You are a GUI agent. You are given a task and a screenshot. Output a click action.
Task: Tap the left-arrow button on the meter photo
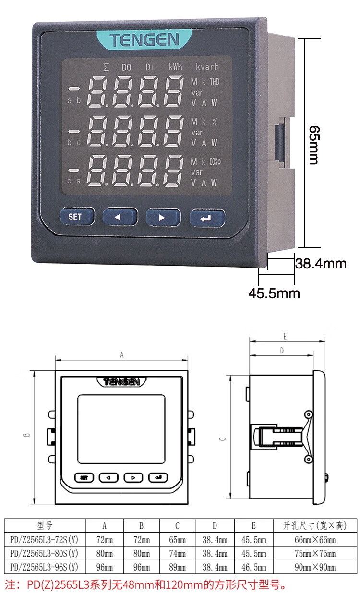pyautogui.click(x=120, y=217)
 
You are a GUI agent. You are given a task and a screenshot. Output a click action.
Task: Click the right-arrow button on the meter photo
pyautogui.click(x=163, y=218)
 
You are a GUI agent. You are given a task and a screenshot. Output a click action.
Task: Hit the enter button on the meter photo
pyautogui.click(x=207, y=218)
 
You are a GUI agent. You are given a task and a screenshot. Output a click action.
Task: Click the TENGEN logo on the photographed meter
pyautogui.click(x=144, y=40)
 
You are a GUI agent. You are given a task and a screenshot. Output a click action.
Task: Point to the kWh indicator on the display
pyautogui.click(x=175, y=67)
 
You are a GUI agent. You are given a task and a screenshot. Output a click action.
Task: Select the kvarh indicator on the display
pyautogui.click(x=207, y=67)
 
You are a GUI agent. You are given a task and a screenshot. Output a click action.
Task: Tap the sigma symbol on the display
pyautogui.click(x=106, y=67)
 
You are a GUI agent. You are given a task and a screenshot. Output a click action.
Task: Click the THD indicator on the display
pyautogui.click(x=214, y=82)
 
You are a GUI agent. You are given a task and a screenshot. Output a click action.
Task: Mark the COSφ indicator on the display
pyautogui.click(x=215, y=162)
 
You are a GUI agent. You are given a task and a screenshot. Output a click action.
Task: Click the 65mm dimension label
pyautogui.click(x=315, y=145)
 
